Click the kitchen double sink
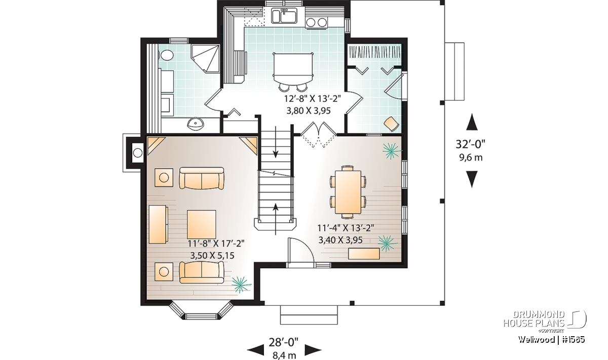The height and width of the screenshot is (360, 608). click(x=285, y=16)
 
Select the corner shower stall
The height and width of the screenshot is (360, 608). click(x=206, y=59)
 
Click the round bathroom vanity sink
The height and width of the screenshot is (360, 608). click(x=195, y=125)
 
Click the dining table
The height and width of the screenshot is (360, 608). click(x=348, y=192)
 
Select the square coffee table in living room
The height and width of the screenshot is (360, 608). click(x=202, y=224)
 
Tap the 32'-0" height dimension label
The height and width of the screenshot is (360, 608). click(x=470, y=144)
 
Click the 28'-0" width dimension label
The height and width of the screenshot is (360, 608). click(x=284, y=342)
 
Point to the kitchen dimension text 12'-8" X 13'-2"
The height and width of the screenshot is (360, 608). click(x=312, y=99)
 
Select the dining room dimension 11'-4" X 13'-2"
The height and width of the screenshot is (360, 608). click(x=346, y=228)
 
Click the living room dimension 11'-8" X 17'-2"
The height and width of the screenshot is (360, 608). click(x=216, y=244)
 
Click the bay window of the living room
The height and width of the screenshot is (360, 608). click(x=201, y=311)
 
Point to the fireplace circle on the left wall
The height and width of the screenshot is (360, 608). click(x=138, y=153)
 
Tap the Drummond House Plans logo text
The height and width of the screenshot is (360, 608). click(x=534, y=319)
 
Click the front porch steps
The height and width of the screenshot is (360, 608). click(x=309, y=315)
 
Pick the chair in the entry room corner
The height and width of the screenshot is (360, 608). click(x=392, y=124)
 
